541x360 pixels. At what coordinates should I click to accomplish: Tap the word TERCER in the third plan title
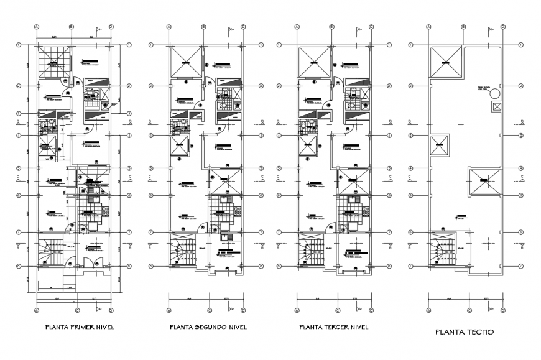336,326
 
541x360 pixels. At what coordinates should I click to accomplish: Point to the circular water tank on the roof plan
496,93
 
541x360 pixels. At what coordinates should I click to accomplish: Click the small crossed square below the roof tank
496,107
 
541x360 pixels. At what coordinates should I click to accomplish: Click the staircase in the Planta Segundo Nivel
185,252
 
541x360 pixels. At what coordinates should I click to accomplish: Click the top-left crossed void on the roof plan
446,62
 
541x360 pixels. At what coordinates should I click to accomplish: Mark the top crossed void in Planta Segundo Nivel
187,61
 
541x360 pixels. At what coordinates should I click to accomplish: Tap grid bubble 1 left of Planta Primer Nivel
19,45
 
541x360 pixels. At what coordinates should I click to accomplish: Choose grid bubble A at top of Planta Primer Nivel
37,27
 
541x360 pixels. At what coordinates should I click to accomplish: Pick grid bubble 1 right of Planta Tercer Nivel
389,45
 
